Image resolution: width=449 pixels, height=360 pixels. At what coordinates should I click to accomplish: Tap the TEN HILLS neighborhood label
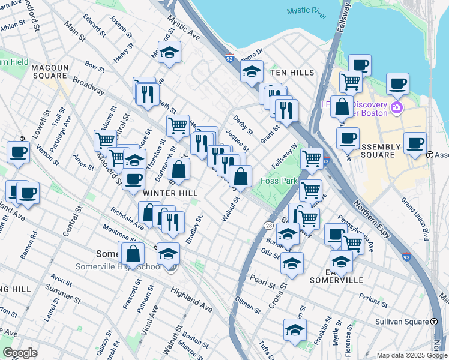[x=292, y=73]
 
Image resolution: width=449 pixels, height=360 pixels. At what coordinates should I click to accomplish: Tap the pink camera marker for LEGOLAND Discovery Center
[x=396, y=108]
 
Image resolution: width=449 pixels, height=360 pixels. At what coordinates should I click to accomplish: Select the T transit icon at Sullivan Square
[x=434, y=322]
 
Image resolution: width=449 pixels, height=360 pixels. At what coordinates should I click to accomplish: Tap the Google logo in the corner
[x=19, y=353]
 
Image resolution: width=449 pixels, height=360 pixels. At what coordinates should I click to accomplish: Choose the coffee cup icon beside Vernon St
[x=18, y=152]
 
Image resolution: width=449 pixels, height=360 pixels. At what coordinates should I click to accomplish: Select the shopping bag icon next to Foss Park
[x=240, y=176]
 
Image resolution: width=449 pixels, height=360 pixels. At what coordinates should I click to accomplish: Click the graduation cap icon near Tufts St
[x=295, y=329]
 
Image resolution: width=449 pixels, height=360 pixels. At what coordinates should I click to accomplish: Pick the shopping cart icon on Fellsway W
[x=312, y=158]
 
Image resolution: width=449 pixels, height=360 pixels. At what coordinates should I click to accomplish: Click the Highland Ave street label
[x=191, y=299]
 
